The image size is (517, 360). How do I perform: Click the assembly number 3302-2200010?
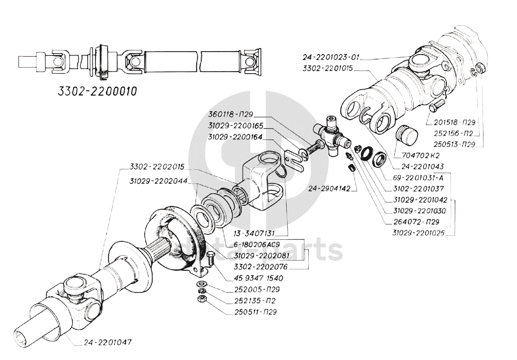point(97,91)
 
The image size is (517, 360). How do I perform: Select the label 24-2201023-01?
point(331,58)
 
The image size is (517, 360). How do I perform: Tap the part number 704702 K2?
point(416,155)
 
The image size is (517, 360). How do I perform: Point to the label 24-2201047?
point(108,342)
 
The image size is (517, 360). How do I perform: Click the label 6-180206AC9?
point(252,244)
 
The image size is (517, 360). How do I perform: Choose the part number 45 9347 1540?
point(258,278)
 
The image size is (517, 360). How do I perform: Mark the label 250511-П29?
point(255,312)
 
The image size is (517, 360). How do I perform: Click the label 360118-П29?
point(231,115)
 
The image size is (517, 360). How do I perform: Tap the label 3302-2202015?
point(157,166)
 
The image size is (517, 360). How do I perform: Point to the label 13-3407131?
point(254,233)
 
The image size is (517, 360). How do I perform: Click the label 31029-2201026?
point(418,233)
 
